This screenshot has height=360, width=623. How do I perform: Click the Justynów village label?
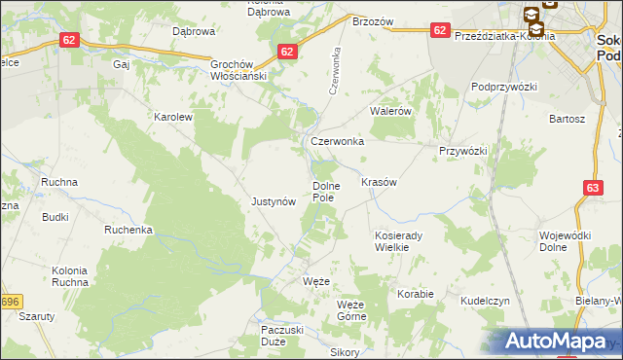pos(273,202)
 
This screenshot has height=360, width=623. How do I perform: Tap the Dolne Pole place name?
pos(324,191)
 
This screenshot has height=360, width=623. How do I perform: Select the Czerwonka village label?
pos(337,141)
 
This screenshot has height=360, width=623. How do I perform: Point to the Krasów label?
pos(380,182)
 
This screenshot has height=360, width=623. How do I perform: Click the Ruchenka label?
pos(129,231)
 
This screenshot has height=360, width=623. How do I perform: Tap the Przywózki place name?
pos(461,151)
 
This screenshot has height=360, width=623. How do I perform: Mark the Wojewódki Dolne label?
pos(567,241)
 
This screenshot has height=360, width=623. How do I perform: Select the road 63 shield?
pos(595,187)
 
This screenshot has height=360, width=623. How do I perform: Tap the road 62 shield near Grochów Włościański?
pos(286,52)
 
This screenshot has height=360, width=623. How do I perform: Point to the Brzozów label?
pos(371,20)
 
